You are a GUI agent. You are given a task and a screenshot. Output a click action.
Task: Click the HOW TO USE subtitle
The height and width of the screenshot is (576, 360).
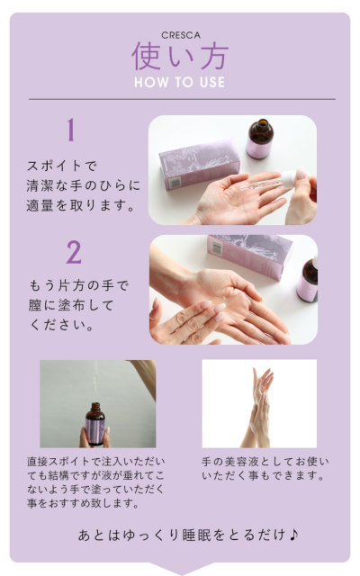(x=180, y=82)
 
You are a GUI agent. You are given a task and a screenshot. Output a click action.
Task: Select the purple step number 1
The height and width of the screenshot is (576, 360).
(x=70, y=131)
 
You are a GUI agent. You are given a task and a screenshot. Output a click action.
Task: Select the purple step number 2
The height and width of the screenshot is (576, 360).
(x=73, y=252)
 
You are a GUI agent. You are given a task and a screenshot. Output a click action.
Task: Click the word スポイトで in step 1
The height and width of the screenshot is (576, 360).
(x=60, y=166)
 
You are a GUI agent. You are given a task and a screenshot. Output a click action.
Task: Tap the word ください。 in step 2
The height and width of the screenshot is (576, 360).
(x=62, y=325)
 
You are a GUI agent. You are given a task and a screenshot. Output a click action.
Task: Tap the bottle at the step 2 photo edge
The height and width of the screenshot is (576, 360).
(x=308, y=280)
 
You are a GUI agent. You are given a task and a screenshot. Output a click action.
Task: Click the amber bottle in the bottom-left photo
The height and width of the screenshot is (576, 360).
(x=94, y=423)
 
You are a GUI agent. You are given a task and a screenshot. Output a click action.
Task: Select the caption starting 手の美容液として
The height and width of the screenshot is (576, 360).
(x=261, y=468)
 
